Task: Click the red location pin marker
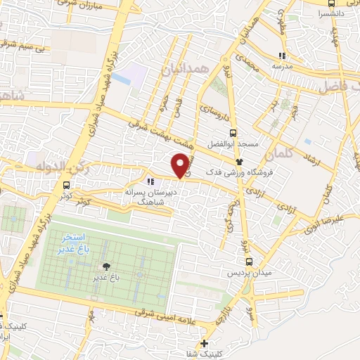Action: pyautogui.click(x=181, y=165)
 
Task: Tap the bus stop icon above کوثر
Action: pyautogui.click(x=66, y=186)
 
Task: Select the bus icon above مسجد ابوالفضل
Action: pyautogui.click(x=233, y=132)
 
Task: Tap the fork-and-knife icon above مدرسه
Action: pyautogui.click(x=282, y=56)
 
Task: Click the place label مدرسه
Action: pyautogui.click(x=281, y=67)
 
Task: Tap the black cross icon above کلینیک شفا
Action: pyautogui.click(x=204, y=343)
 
